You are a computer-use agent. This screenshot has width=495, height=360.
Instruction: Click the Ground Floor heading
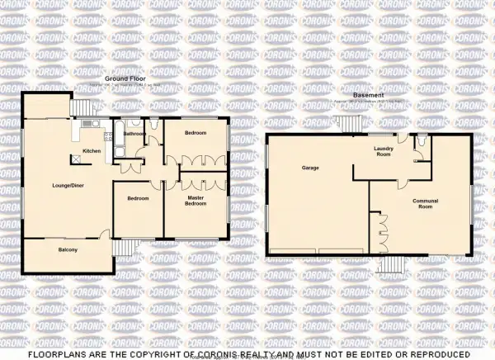click(x=121, y=80)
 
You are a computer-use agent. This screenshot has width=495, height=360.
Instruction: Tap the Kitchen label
click(x=92, y=152)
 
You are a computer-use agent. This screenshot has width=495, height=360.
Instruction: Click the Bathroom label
click(x=134, y=133)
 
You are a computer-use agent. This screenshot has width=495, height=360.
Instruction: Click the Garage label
click(x=310, y=168)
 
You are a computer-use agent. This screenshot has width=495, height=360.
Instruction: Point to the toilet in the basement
click(x=421, y=144)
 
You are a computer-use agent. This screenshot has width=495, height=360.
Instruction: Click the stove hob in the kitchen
click(x=109, y=135)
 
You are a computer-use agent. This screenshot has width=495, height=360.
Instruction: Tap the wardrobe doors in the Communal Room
click(x=380, y=231)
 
